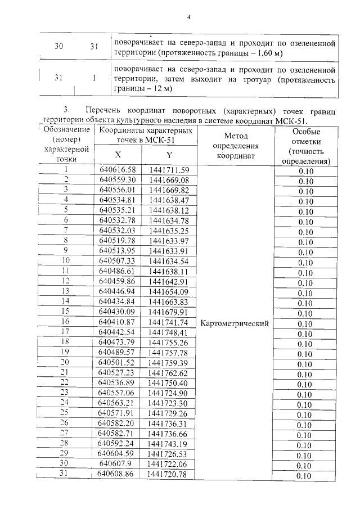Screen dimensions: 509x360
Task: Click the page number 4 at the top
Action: (189, 17)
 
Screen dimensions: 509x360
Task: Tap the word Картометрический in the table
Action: (235, 323)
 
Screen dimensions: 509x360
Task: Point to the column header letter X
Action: (118, 155)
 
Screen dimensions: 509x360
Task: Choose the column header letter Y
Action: (169, 155)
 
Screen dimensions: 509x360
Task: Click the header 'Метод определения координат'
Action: (236, 146)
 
